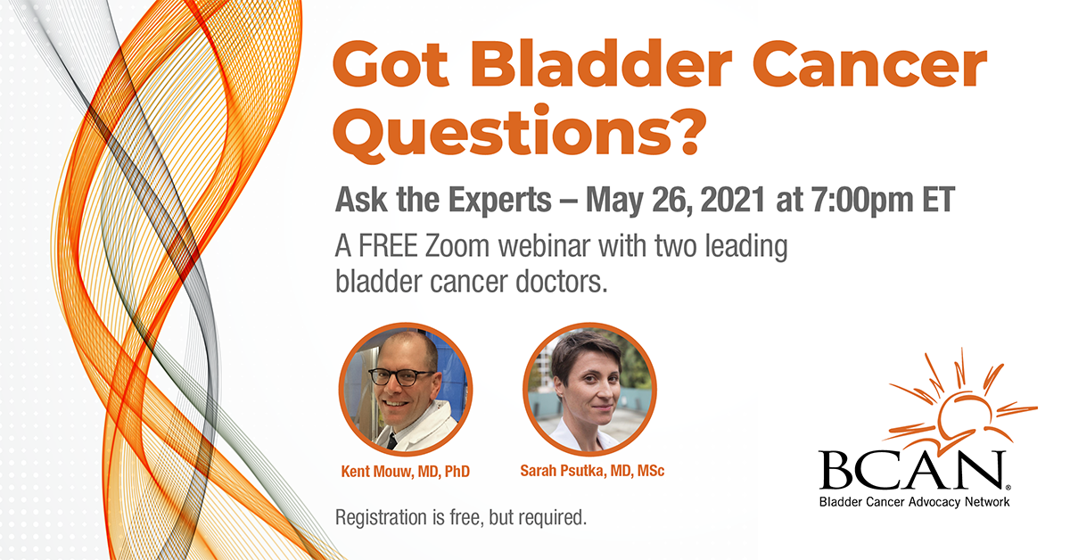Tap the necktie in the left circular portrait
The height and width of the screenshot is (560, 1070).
[391, 440]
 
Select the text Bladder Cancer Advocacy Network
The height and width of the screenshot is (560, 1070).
[915, 502]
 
